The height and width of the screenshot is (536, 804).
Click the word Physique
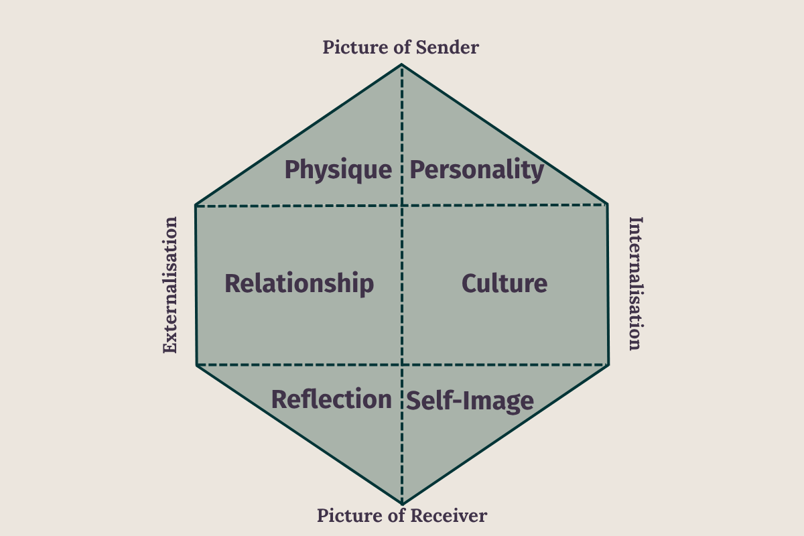point(338,170)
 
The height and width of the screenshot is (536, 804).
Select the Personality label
point(476,170)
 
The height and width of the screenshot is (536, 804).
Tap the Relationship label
point(299,283)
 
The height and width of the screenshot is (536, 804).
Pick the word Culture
point(505,283)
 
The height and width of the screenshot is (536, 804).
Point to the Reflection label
point(331,399)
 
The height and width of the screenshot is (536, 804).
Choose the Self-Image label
point(470,401)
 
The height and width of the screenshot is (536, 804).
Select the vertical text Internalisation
point(635,283)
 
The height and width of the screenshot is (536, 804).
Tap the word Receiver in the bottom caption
point(451,515)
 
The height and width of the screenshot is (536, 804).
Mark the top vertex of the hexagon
point(402,64)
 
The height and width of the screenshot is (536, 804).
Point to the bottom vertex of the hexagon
point(402,503)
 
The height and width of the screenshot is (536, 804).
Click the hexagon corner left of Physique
point(196,205)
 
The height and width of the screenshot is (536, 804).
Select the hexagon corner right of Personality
point(607,204)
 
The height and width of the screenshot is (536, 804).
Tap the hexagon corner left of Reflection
point(197,365)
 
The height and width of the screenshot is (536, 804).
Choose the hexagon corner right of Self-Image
point(608,365)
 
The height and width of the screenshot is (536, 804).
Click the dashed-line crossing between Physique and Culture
point(402,205)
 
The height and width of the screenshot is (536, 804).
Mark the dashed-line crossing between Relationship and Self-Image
point(402,365)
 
